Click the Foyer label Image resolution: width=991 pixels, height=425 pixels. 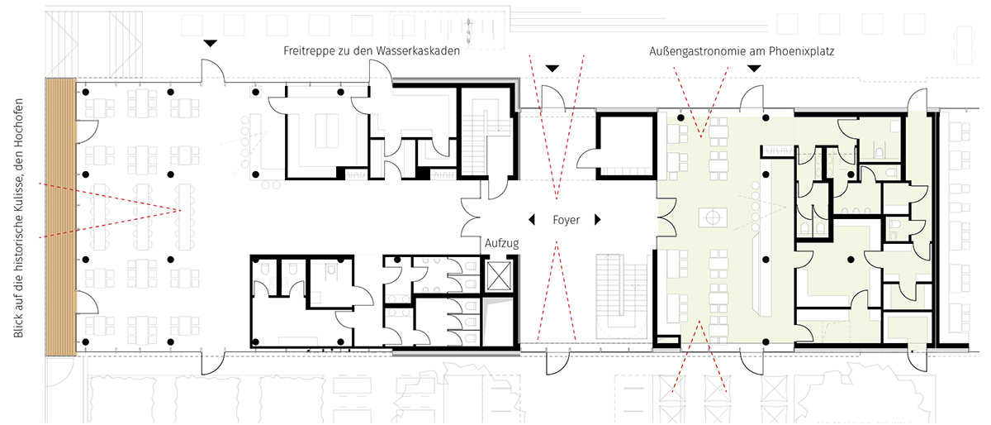click(x=566, y=220)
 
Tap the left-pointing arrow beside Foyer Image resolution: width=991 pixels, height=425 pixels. click(x=532, y=219)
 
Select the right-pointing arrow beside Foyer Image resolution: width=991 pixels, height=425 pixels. click(x=598, y=219)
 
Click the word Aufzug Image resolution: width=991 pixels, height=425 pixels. click(x=502, y=243)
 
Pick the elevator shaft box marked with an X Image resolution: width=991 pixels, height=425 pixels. click(x=499, y=275)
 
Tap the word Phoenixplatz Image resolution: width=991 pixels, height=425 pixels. click(x=801, y=51)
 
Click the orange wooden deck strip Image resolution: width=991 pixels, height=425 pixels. click(x=61, y=217)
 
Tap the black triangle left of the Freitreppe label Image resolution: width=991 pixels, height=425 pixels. click(x=210, y=44)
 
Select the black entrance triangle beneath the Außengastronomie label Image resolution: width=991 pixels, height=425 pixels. click(x=754, y=69)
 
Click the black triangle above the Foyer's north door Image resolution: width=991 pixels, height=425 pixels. click(x=552, y=69)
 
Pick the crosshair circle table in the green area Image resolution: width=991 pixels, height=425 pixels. click(x=713, y=217)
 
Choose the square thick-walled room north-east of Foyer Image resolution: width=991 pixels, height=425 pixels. click(x=627, y=146)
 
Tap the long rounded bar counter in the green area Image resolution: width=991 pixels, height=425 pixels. click(x=761, y=275)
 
